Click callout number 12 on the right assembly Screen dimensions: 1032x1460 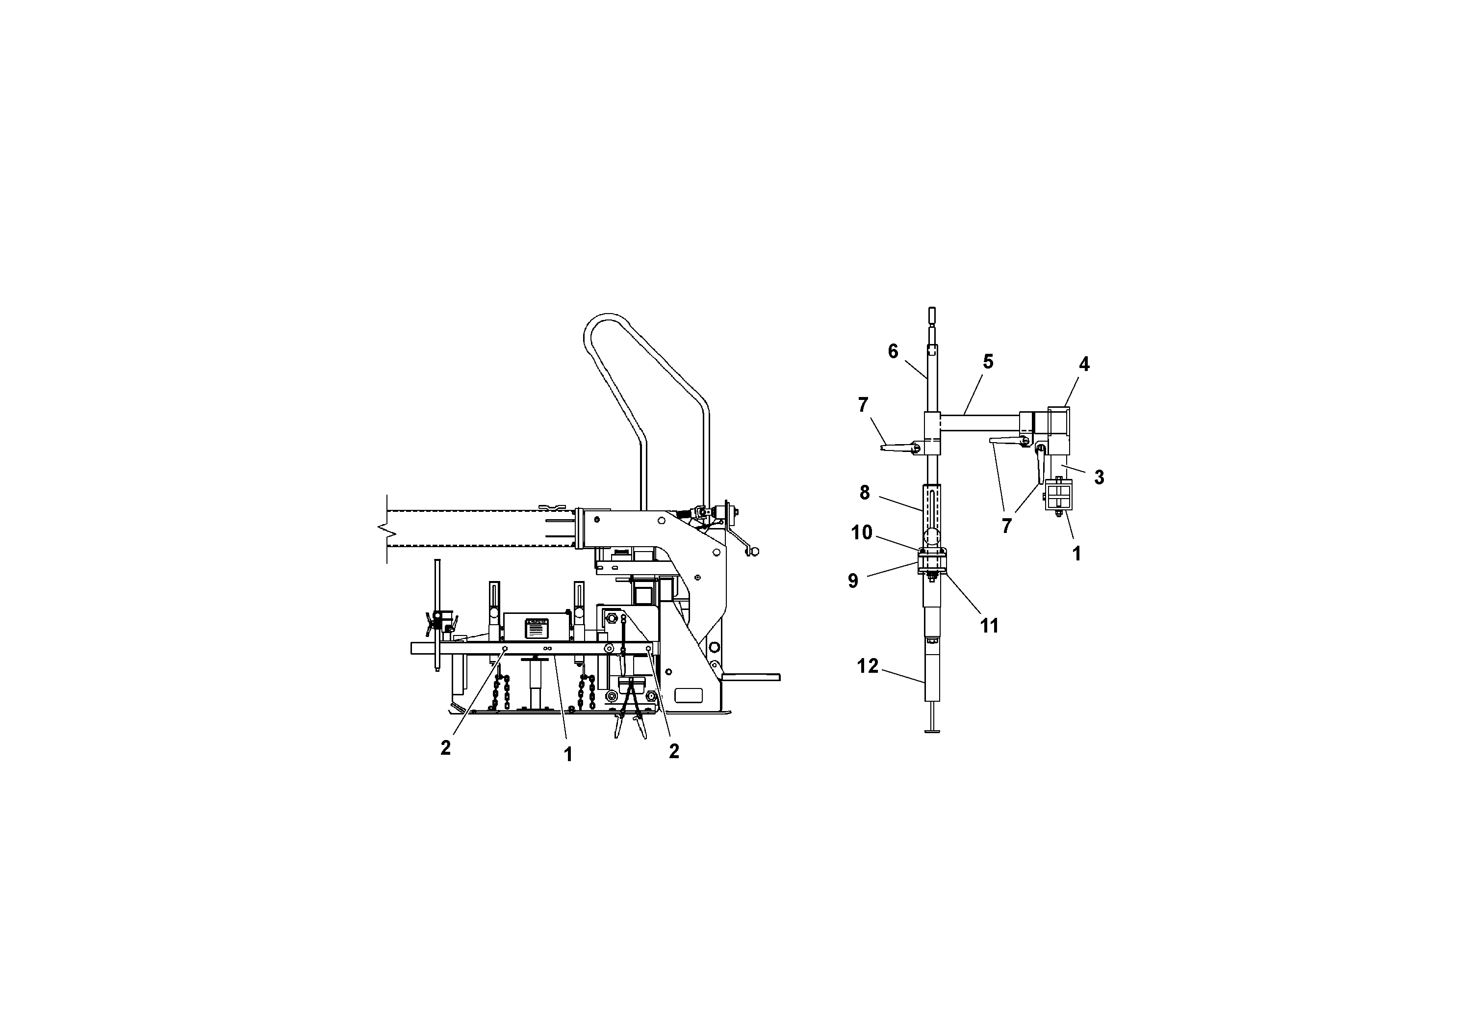[868, 666]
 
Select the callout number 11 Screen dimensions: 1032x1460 [989, 626]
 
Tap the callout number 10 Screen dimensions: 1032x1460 [862, 532]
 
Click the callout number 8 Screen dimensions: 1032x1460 [864, 493]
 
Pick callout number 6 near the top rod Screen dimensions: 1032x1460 [893, 351]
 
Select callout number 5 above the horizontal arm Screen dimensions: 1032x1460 [988, 361]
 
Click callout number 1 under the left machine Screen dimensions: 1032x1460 [568, 755]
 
